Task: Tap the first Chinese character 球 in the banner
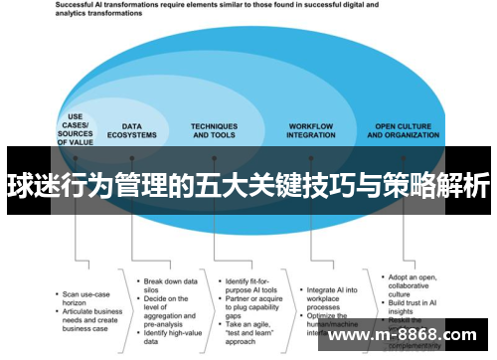coord(18,187)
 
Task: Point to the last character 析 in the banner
coord(476,187)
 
